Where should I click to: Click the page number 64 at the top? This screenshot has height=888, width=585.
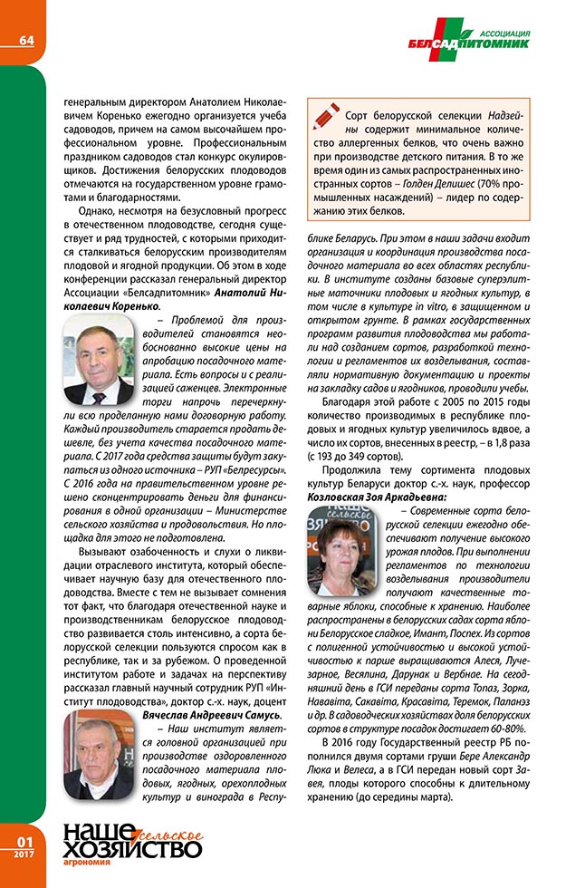tap(24, 39)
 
